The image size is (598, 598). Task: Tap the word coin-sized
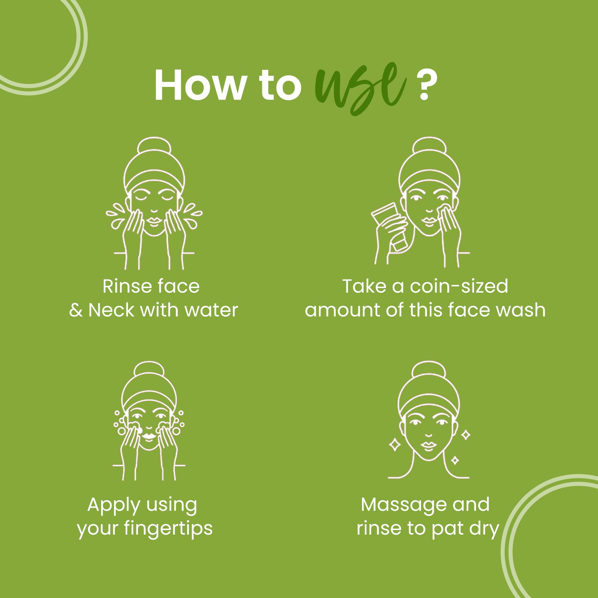click(x=459, y=286)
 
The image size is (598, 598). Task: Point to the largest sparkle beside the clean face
click(x=395, y=444)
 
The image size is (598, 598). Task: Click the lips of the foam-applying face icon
click(x=149, y=436)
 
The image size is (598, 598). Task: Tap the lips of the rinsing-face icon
click(x=153, y=220)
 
